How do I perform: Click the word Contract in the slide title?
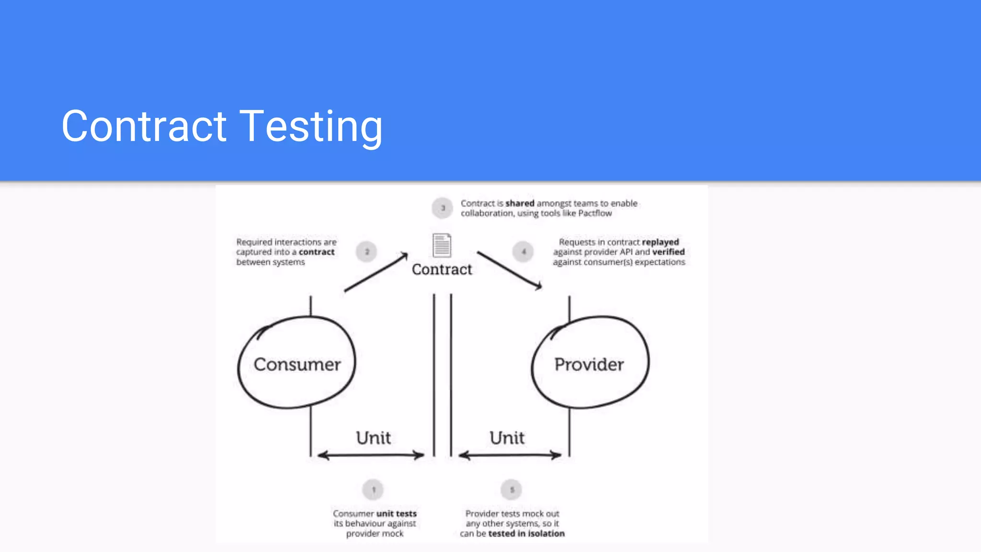point(144,126)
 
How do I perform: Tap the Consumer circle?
point(297,363)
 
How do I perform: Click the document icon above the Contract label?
point(442,245)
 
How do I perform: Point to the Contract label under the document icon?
point(442,269)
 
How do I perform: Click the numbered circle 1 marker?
point(373,490)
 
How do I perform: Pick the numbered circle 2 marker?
point(367,252)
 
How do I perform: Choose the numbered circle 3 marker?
point(443,208)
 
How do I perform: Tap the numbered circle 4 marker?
point(523,252)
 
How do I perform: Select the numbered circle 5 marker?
point(512,490)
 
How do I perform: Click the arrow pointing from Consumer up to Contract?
point(376,272)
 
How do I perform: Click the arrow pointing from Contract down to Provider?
point(510,271)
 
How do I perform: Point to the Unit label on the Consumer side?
point(373,437)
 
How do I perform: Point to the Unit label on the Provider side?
point(507,437)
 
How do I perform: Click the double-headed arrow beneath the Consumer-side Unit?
point(371,455)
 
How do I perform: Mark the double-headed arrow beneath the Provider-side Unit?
point(510,455)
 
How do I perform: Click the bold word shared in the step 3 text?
point(520,203)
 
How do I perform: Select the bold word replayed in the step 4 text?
point(660,242)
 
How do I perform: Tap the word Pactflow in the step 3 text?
point(595,213)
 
